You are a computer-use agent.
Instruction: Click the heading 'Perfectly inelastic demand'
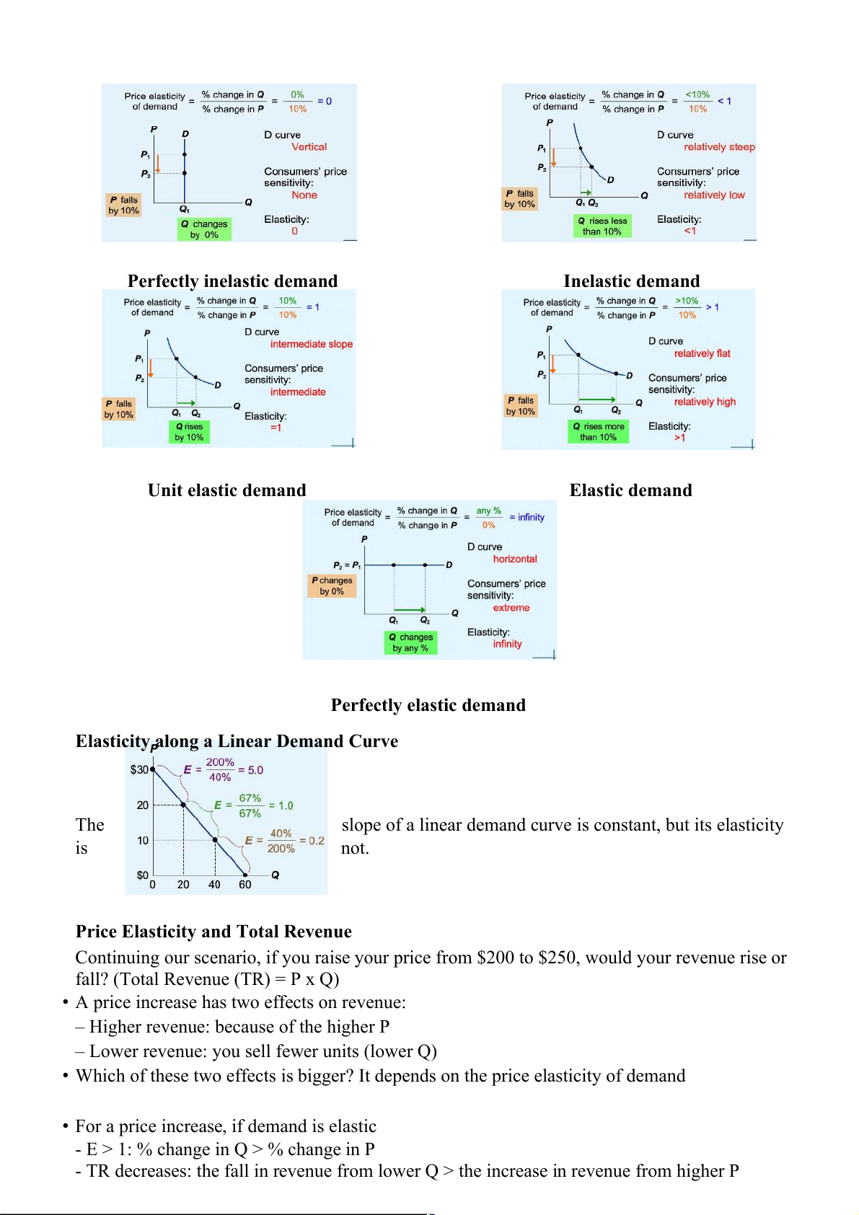click(232, 280)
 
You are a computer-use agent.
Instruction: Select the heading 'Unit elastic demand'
click(226, 490)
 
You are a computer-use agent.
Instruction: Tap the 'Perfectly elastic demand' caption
click(428, 705)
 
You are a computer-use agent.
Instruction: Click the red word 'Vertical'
click(309, 147)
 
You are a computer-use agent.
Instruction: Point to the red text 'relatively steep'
click(719, 147)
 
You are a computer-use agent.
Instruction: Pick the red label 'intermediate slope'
click(311, 344)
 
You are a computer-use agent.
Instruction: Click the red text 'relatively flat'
click(702, 353)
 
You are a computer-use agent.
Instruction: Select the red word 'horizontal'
click(514, 559)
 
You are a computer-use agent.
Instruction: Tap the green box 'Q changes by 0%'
click(204, 229)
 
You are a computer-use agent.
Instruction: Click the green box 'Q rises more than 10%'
click(598, 431)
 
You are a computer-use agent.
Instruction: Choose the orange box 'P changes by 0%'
click(332, 586)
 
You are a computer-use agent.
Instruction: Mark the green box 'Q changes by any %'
click(410, 642)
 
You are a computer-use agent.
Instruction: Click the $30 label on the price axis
click(139, 770)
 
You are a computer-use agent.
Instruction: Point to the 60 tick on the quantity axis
click(245, 885)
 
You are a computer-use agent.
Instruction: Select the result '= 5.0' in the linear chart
click(251, 770)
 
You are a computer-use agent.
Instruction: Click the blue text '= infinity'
click(527, 517)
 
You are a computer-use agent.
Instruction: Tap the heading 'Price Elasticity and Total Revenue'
click(213, 932)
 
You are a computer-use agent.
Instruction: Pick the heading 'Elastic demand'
click(630, 490)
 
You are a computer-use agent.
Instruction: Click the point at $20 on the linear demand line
click(183, 805)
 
